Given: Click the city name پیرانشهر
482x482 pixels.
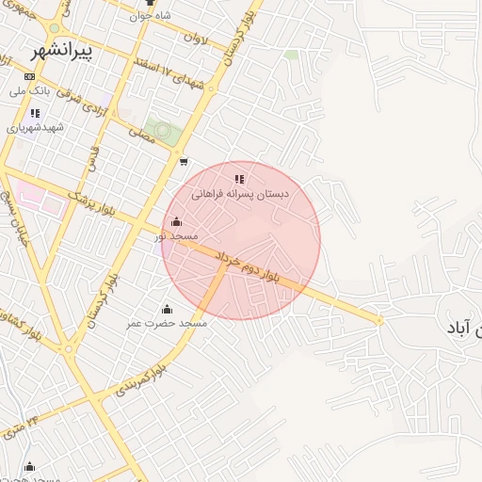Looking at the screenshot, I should (x=61, y=51).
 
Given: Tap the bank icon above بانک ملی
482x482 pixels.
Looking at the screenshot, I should (x=30, y=76).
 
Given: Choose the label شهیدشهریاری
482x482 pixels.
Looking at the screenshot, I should (x=35, y=127).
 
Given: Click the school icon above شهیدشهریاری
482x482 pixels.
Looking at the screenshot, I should (x=35, y=113).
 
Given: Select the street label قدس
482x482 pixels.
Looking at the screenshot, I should (x=91, y=160).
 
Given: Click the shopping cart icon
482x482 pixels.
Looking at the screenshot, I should (x=183, y=161).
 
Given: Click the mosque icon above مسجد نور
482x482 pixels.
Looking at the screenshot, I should (x=176, y=222).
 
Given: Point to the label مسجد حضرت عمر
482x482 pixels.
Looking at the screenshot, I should (x=167, y=323).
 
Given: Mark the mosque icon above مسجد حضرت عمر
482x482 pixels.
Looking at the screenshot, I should (x=167, y=308).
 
